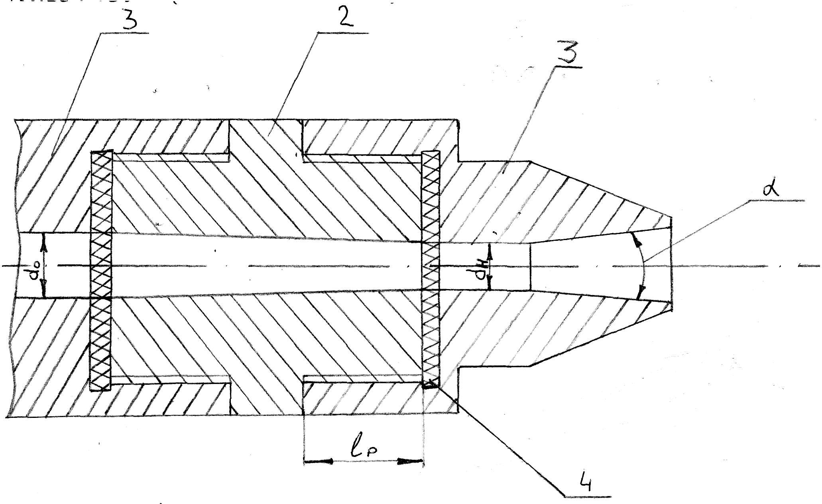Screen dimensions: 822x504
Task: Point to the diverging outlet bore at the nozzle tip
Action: pos(598,266)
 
